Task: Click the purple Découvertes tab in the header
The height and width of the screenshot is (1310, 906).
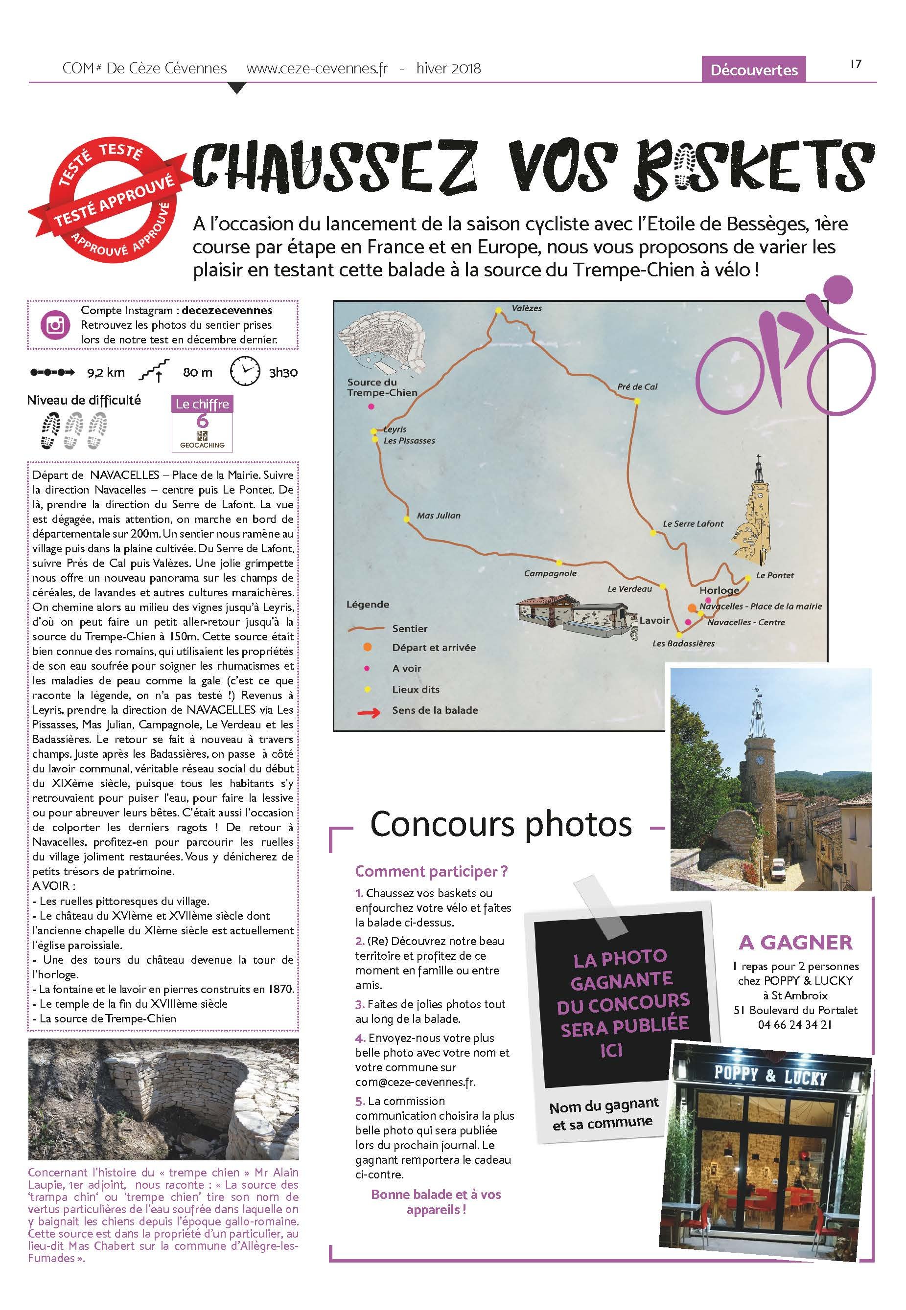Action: click(754, 70)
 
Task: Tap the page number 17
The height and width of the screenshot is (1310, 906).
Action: click(856, 64)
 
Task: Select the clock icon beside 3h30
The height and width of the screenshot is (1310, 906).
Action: click(245, 372)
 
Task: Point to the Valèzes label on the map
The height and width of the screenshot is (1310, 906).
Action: click(526, 308)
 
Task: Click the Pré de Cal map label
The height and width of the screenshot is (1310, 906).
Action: click(637, 386)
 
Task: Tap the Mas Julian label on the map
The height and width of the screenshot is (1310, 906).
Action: click(438, 515)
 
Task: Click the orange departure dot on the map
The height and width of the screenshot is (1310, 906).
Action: click(692, 608)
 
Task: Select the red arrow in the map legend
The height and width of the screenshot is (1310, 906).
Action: click(368, 711)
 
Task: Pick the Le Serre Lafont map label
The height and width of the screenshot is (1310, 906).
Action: click(693, 524)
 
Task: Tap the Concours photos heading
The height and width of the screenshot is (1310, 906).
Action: click(501, 824)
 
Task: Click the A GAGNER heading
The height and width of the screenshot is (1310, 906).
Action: click(795, 942)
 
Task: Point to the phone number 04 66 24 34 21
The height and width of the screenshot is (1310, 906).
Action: click(794, 1025)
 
